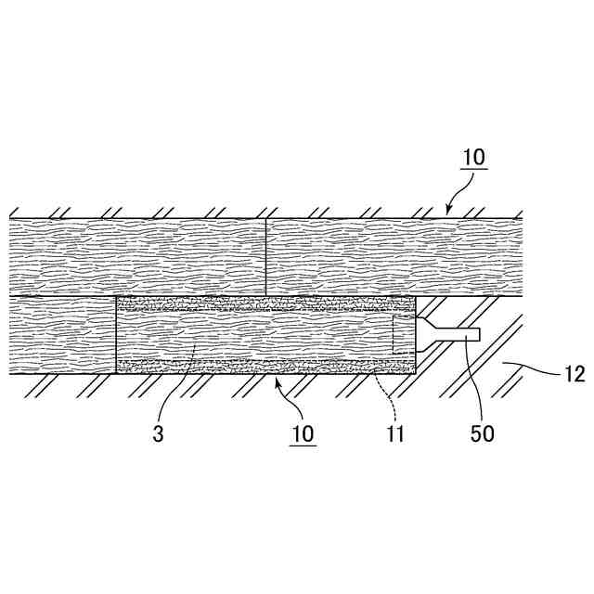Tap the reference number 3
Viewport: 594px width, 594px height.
click(x=160, y=433)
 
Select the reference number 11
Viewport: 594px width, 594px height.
click(x=395, y=433)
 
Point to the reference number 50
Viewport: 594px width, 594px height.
click(x=483, y=433)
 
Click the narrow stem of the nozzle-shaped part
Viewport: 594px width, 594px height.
click(x=459, y=333)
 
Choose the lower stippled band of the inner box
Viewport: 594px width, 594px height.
click(x=265, y=366)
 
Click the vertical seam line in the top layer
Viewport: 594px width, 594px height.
click(x=265, y=257)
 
